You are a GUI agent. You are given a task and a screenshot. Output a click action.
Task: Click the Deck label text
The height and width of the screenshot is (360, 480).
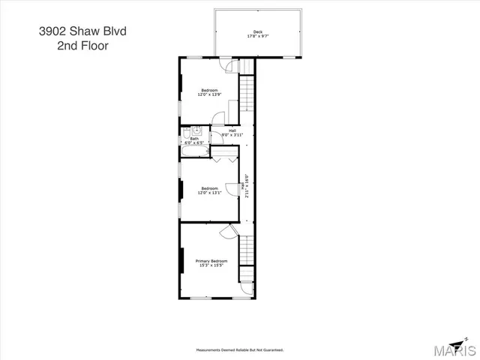(257, 31)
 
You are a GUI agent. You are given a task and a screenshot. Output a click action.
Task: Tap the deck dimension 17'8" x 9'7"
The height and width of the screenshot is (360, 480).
(257, 36)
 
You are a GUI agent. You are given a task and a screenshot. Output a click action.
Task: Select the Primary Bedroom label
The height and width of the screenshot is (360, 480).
(211, 261)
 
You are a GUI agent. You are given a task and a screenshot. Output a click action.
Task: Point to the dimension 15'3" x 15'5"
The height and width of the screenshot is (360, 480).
(211, 265)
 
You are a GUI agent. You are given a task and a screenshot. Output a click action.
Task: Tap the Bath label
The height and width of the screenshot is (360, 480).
(194, 138)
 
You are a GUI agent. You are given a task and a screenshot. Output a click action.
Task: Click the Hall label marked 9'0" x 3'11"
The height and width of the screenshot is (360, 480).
(232, 133)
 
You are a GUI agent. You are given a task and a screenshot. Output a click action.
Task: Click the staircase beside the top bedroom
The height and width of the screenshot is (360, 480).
(247, 94)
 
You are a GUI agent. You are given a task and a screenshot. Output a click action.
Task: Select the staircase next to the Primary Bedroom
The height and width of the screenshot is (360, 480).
(247, 255)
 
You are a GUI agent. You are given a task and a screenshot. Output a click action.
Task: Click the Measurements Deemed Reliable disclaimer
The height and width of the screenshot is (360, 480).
(239, 349)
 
